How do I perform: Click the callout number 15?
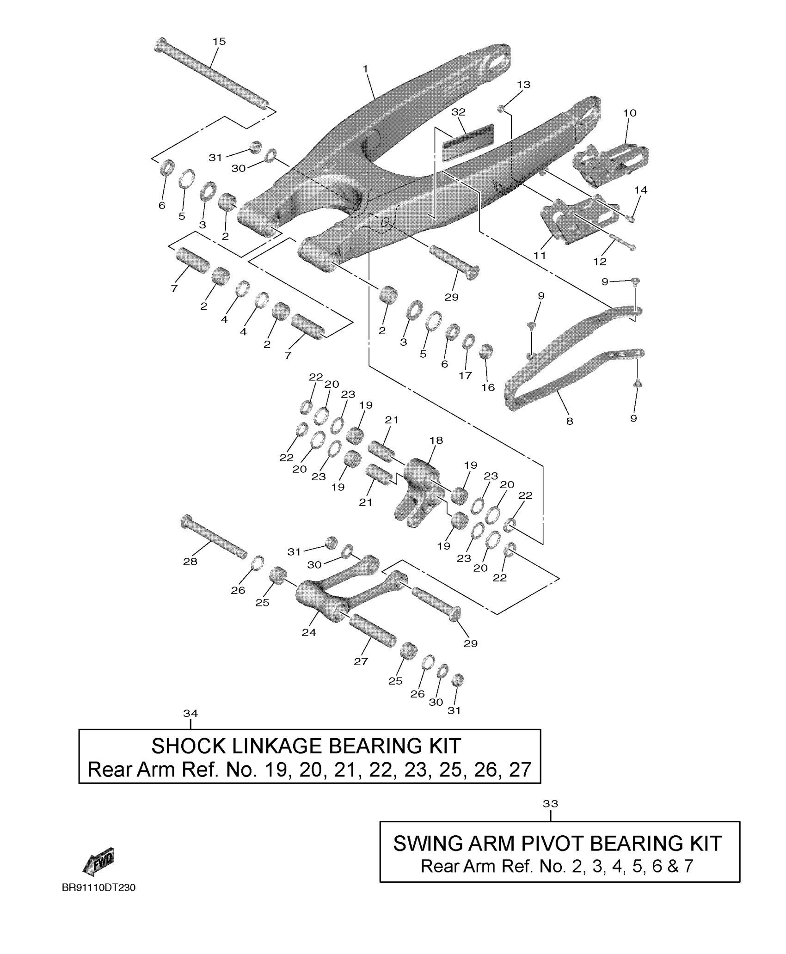(x=219, y=42)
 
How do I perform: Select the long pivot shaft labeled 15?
(x=213, y=74)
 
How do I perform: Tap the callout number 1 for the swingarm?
(x=365, y=69)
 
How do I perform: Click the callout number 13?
(x=524, y=85)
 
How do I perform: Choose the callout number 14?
(x=641, y=190)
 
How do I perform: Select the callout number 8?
(x=570, y=421)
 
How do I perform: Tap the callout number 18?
(x=436, y=440)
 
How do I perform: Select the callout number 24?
(x=309, y=632)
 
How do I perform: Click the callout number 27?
(x=361, y=661)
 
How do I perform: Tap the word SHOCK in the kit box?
(x=189, y=746)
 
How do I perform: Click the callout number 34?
(x=190, y=714)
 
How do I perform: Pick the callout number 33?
(x=550, y=804)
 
